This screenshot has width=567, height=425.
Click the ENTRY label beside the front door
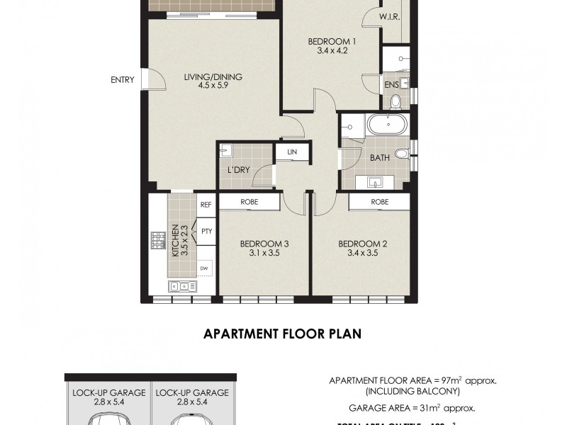(122, 80)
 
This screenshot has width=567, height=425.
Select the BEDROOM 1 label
(332, 41)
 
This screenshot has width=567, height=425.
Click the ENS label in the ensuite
(391, 86)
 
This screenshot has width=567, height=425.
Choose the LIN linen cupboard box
(292, 152)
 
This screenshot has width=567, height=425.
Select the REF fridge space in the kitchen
(206, 204)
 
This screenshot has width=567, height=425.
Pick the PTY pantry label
(206, 231)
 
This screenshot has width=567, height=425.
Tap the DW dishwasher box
(204, 268)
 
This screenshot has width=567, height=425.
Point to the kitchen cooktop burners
(157, 243)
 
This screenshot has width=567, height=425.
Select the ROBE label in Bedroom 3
(249, 203)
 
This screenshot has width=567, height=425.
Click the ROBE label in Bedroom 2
(378, 203)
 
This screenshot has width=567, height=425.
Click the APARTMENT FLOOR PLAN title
(283, 334)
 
